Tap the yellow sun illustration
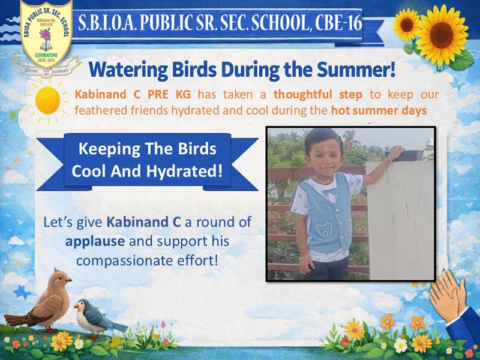point(47,100)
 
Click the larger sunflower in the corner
point(442,35)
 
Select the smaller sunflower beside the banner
point(407,25)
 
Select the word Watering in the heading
point(128,70)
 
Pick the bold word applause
point(95,242)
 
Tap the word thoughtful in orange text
point(303,95)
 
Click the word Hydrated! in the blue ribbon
point(184,172)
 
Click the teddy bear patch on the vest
point(324,230)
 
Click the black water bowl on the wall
point(403,155)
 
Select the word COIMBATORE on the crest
point(46,55)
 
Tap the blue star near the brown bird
point(23,292)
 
